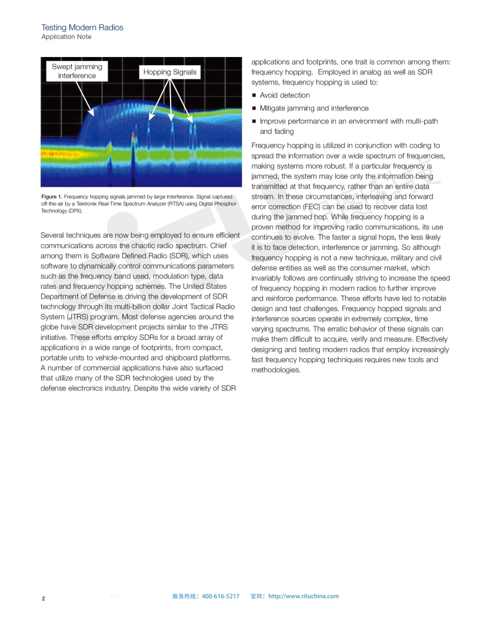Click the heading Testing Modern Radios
point(82,28)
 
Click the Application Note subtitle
point(66,37)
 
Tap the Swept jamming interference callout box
point(76,71)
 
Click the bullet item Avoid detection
point(284,95)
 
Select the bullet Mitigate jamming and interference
point(314,108)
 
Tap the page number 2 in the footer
point(43,599)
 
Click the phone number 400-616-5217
point(221,596)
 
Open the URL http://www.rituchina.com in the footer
point(304,596)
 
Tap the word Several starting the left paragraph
point(54,235)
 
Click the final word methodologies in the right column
point(275,370)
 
